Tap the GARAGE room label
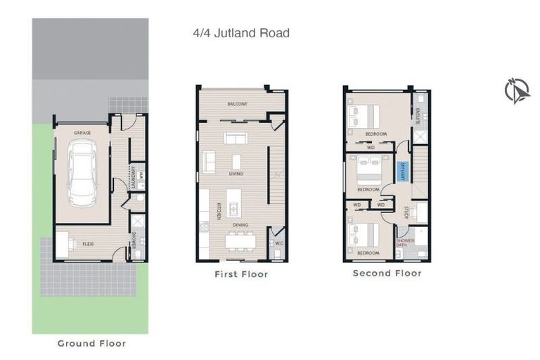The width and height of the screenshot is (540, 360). point(84,132)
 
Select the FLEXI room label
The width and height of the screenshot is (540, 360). point(87,243)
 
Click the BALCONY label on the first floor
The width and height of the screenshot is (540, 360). point(237,104)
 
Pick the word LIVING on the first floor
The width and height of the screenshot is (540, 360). point(236,173)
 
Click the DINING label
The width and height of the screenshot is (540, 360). point(240,225)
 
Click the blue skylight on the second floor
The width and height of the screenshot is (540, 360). point(401,171)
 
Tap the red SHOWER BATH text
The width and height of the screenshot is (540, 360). point(405,243)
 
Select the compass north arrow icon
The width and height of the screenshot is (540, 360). point(517,91)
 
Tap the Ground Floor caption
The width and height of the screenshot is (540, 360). point(91,343)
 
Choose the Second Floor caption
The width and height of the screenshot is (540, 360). point(387,273)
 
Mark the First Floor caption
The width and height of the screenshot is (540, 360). point(241,274)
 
